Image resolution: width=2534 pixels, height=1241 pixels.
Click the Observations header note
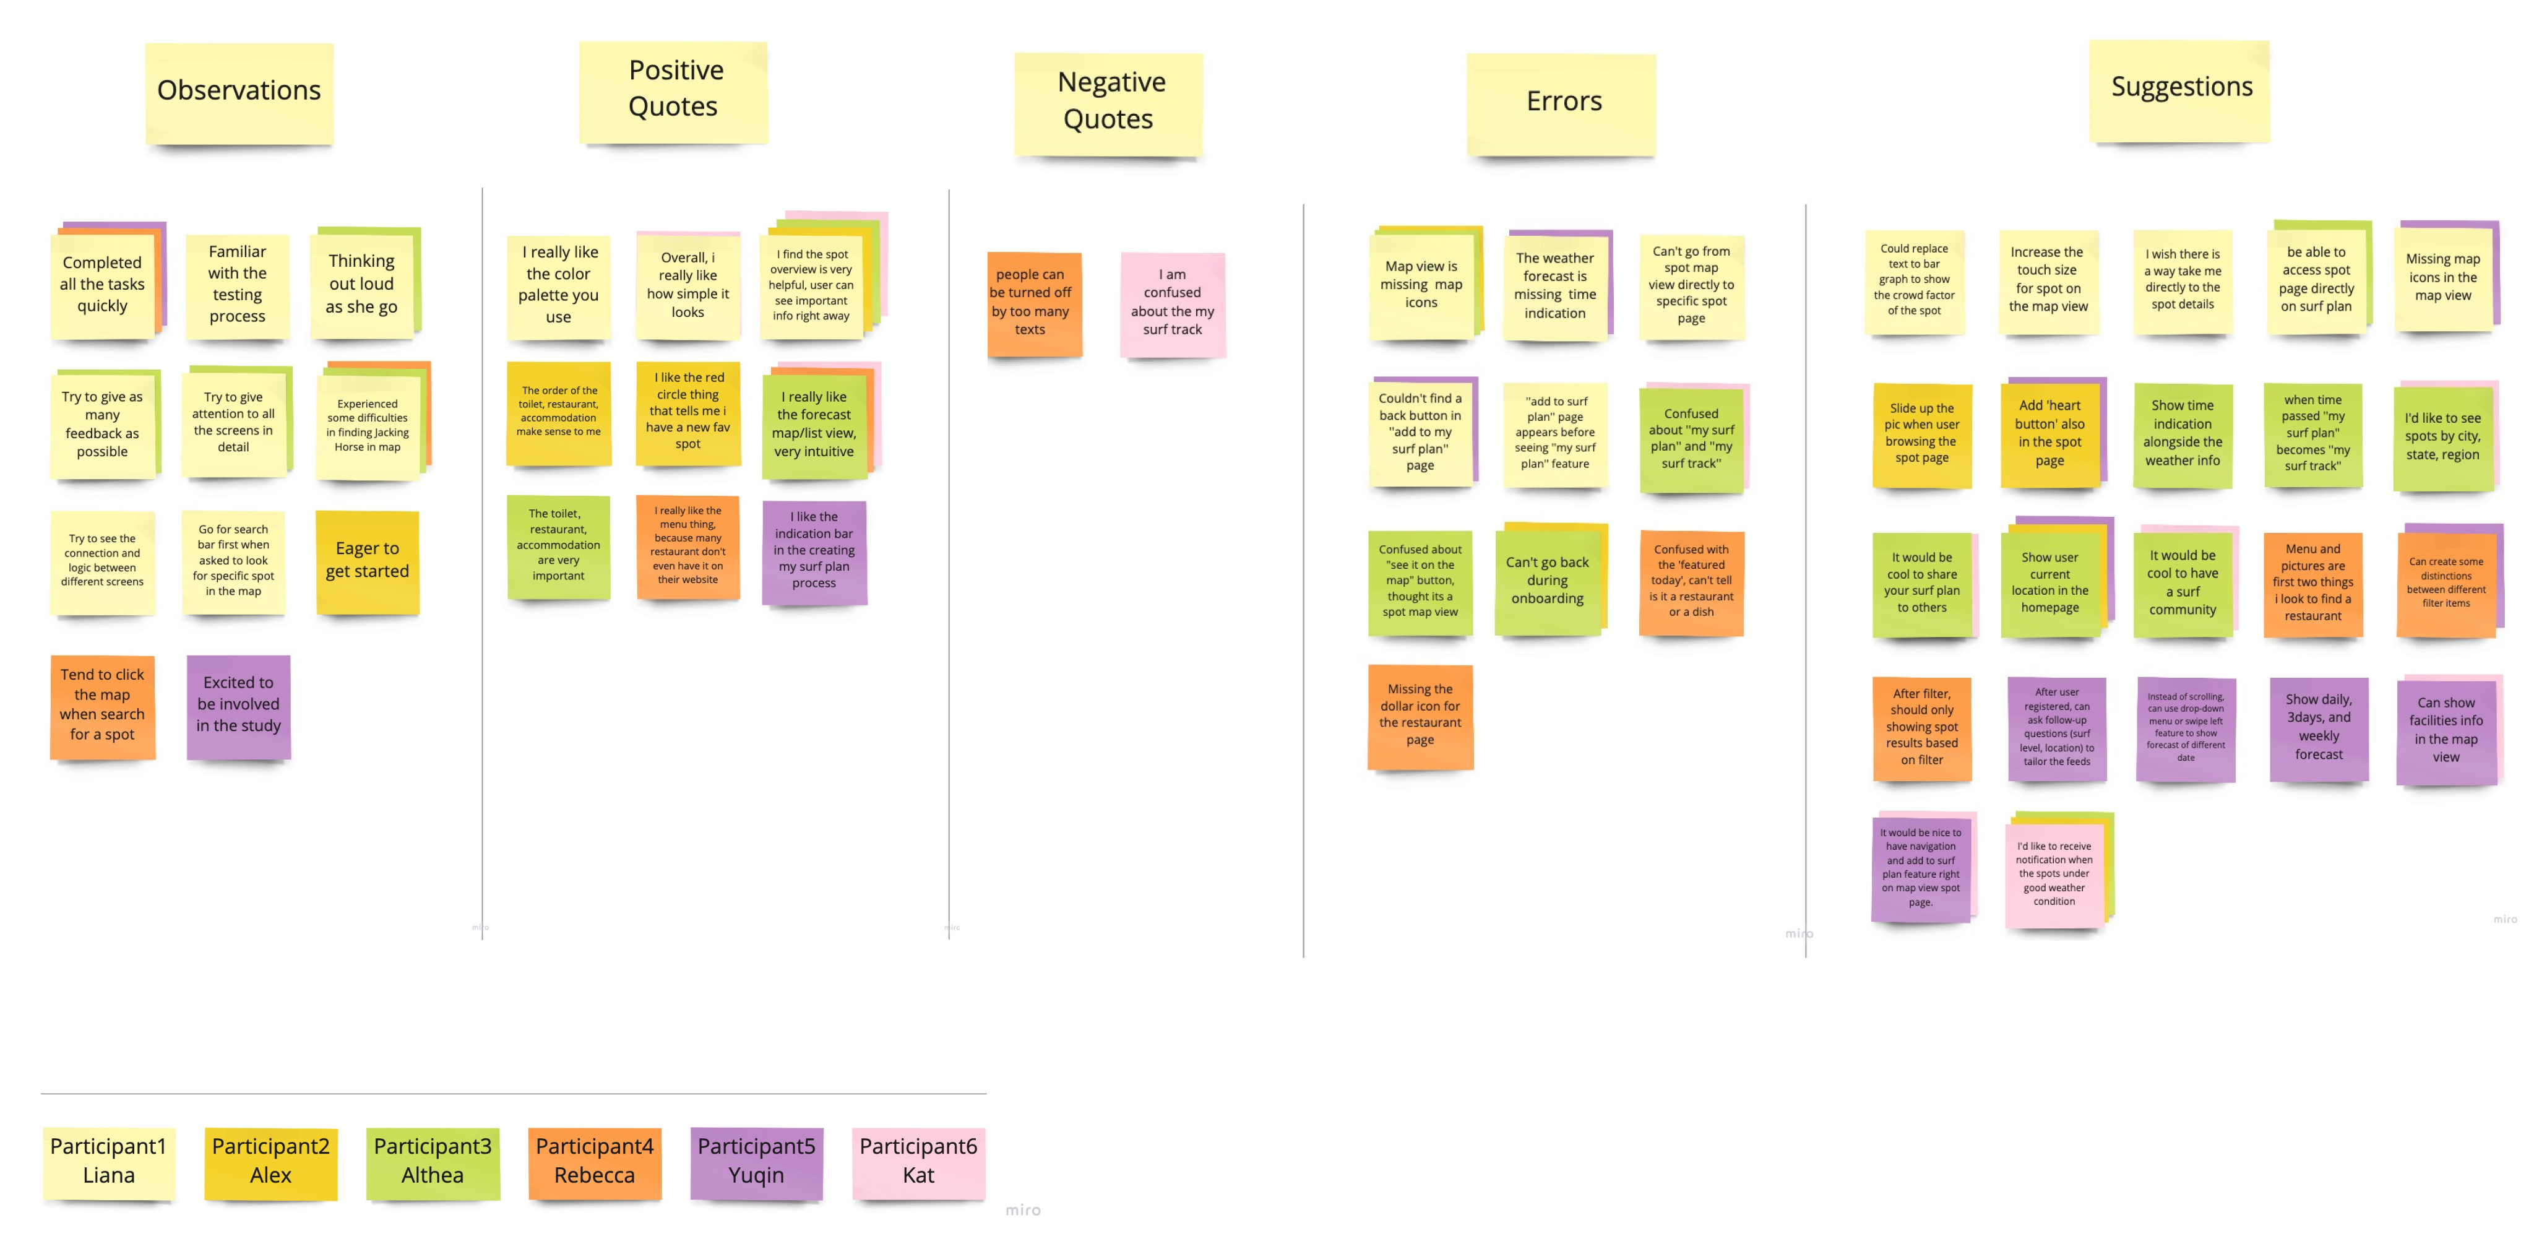(239, 92)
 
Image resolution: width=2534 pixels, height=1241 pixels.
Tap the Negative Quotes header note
(1109, 102)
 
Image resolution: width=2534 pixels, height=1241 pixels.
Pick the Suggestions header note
(2180, 89)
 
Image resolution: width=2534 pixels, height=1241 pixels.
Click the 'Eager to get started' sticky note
(367, 561)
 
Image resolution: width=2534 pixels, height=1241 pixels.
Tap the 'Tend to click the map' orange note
(102, 706)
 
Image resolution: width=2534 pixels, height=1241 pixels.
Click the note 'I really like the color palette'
(559, 285)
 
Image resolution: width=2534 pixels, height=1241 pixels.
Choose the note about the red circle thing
(687, 412)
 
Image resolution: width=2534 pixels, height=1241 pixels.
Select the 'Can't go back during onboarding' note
(1548, 581)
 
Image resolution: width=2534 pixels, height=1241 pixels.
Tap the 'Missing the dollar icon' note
(1420, 716)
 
